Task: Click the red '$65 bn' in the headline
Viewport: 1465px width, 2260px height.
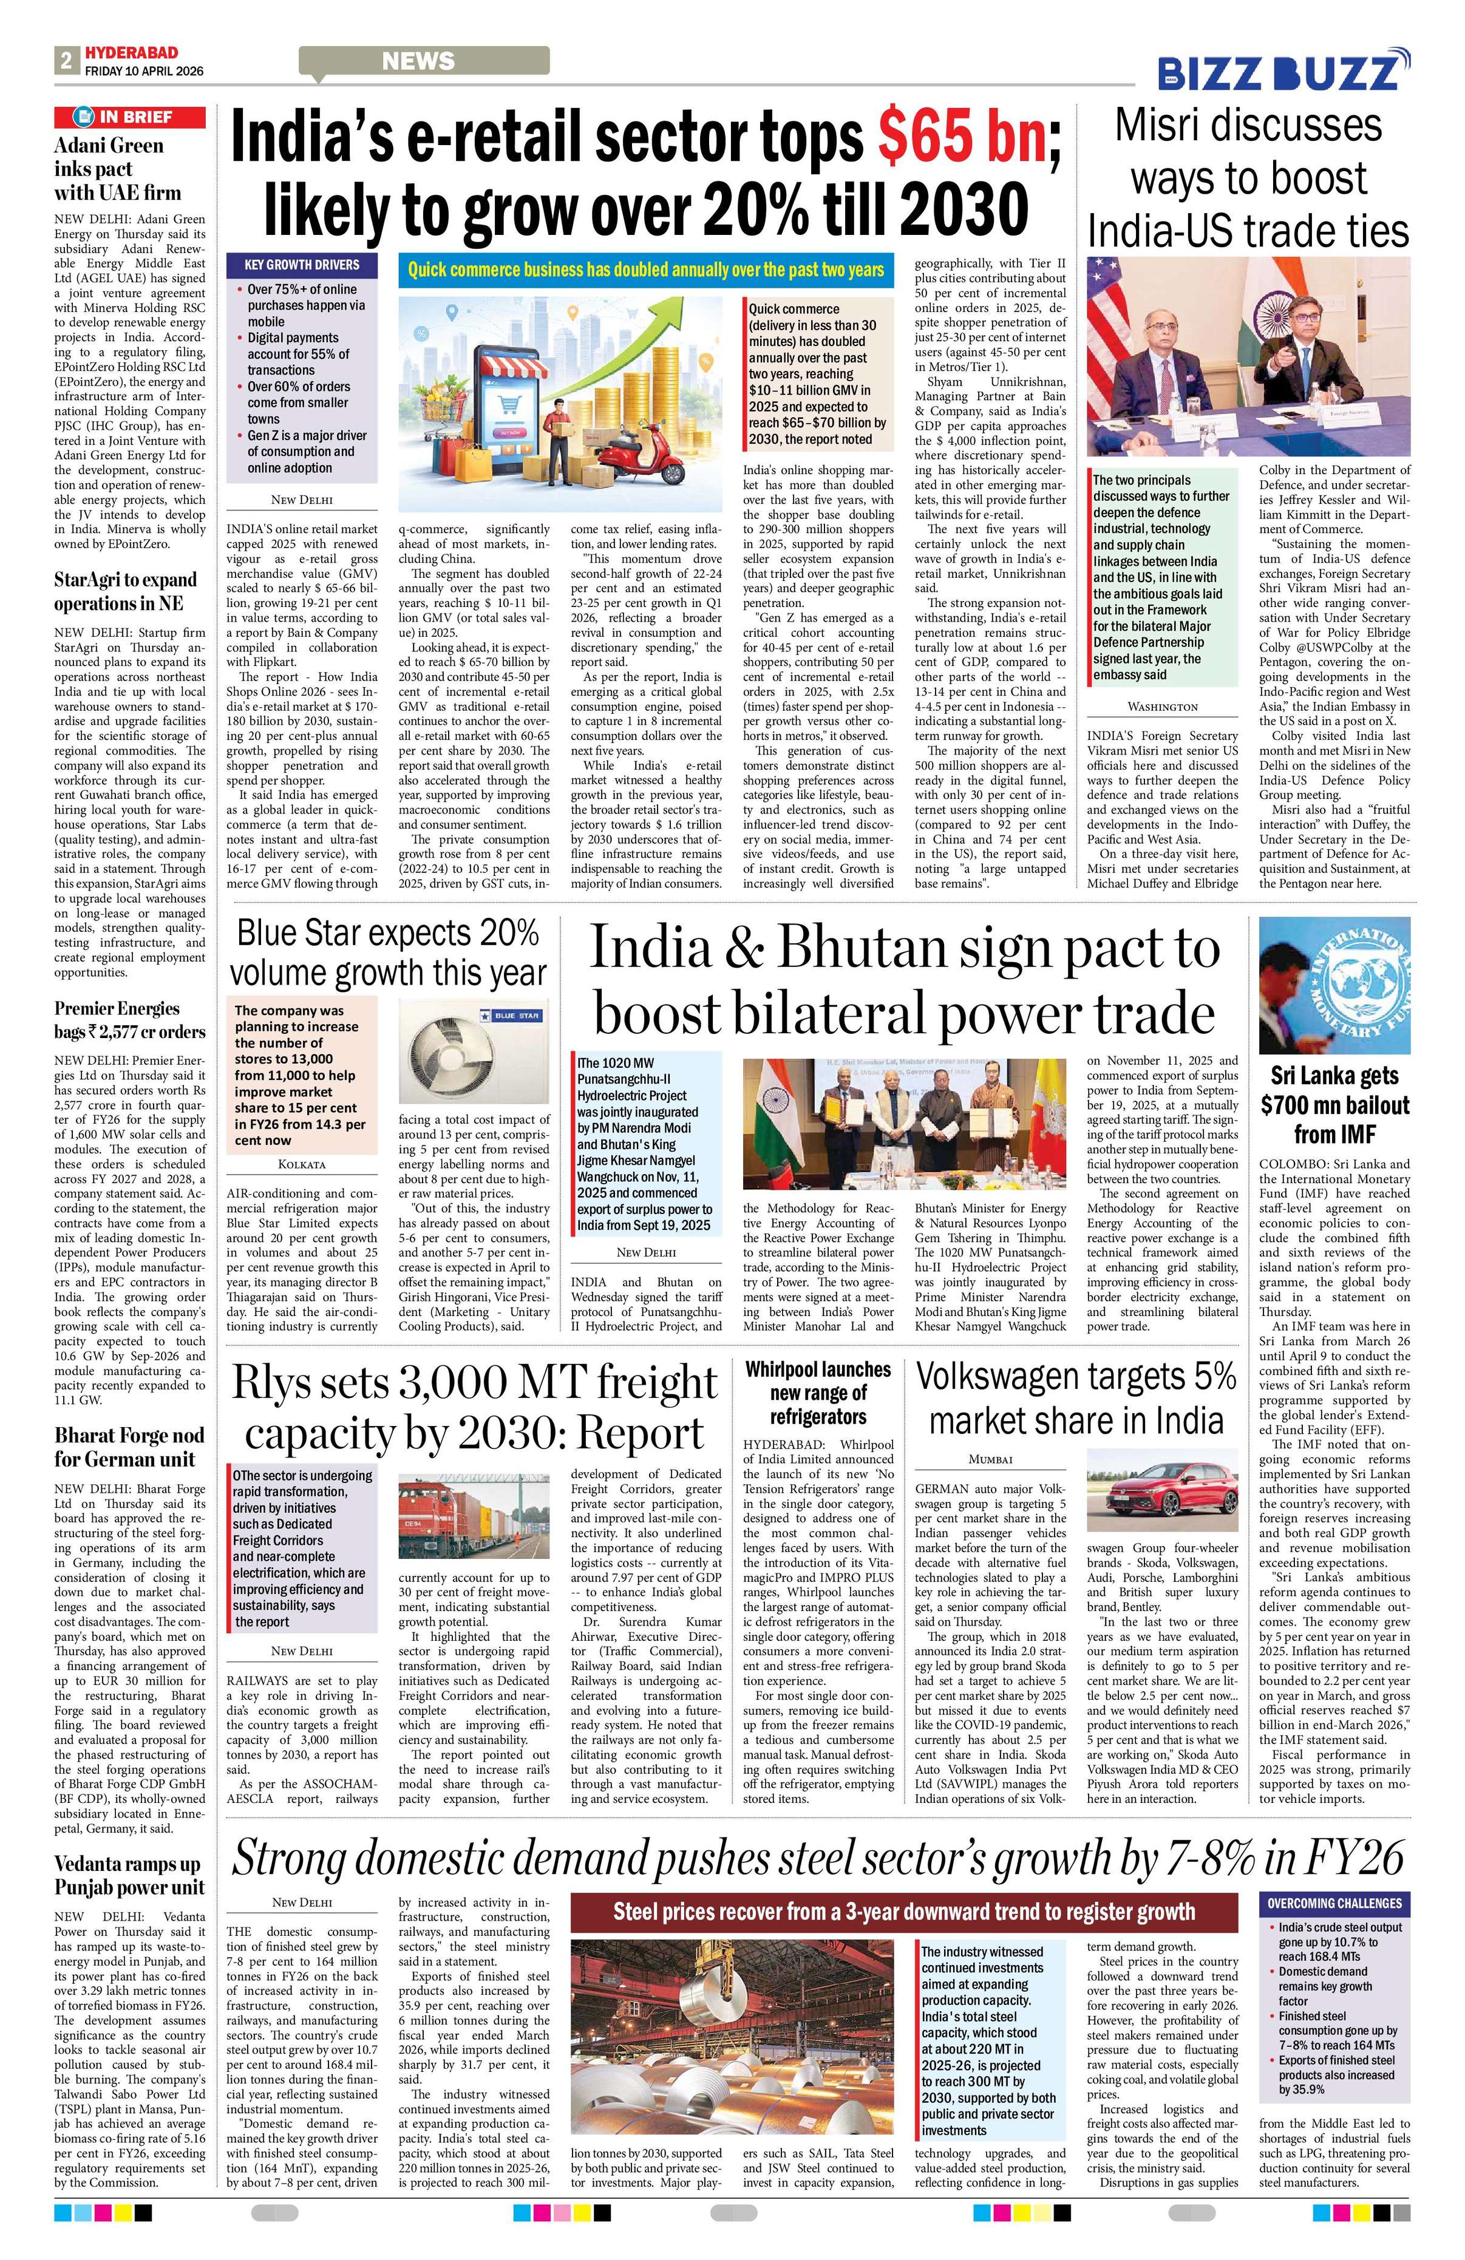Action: click(964, 138)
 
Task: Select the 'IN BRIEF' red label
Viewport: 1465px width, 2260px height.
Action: click(129, 117)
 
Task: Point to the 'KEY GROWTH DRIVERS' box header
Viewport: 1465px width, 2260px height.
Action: click(302, 265)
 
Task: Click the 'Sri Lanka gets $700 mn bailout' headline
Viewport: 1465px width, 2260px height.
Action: click(1334, 1104)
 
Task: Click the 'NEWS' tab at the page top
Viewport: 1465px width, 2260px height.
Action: click(419, 62)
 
